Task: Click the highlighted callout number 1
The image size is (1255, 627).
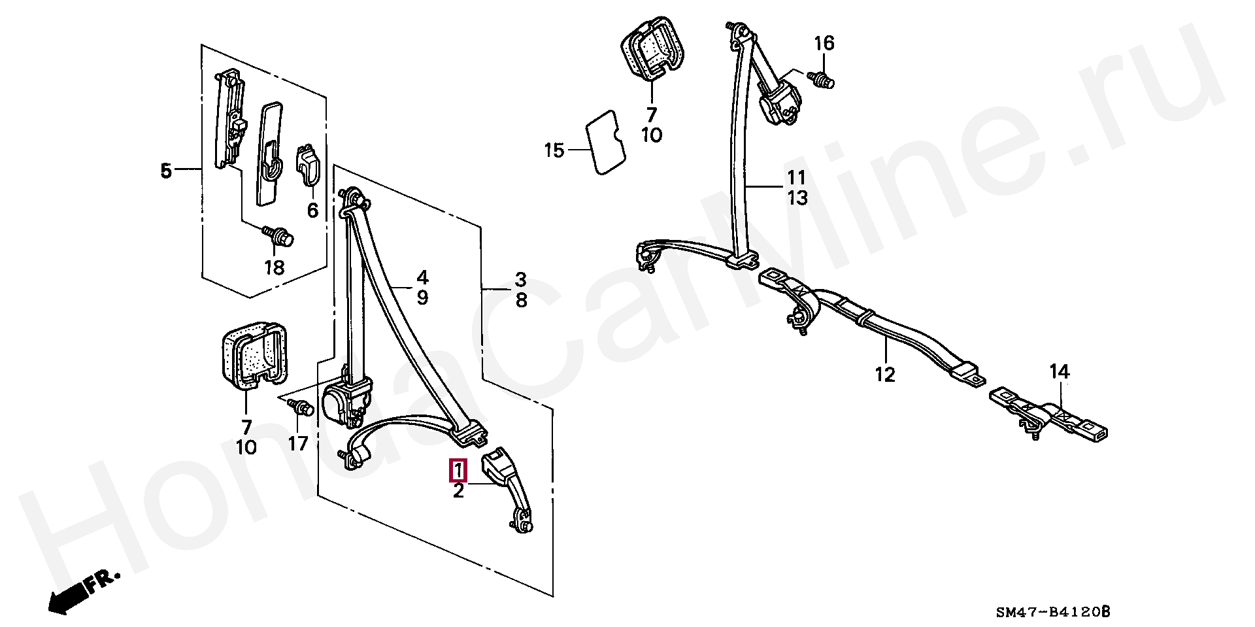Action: click(458, 470)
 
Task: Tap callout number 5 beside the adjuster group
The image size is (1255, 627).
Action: click(166, 171)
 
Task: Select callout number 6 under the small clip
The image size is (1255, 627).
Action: click(312, 211)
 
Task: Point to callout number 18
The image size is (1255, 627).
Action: click(275, 267)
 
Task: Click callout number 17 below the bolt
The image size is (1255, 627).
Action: click(297, 444)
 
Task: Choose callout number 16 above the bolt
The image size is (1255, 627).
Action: click(824, 43)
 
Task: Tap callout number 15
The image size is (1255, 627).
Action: click(554, 150)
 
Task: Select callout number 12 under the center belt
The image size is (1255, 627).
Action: click(884, 375)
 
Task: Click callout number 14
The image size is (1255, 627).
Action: click(1060, 372)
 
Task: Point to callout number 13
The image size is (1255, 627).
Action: click(797, 197)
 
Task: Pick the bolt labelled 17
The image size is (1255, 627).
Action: click(301, 407)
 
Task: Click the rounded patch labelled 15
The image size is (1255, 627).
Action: click(606, 143)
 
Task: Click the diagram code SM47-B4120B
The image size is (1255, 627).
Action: click(1052, 612)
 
